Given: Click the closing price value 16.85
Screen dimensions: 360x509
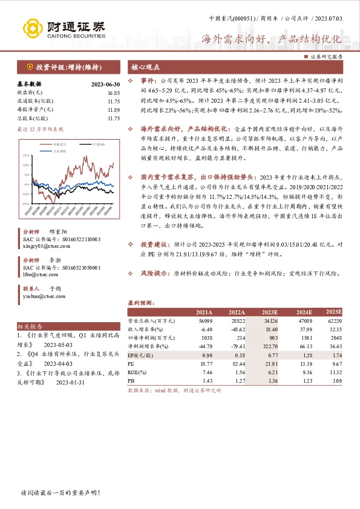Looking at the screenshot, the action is coord(113,92).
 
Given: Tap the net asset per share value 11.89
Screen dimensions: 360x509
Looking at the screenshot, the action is coord(113,109).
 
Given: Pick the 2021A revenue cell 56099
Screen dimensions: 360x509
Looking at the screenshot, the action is coord(205,320).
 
